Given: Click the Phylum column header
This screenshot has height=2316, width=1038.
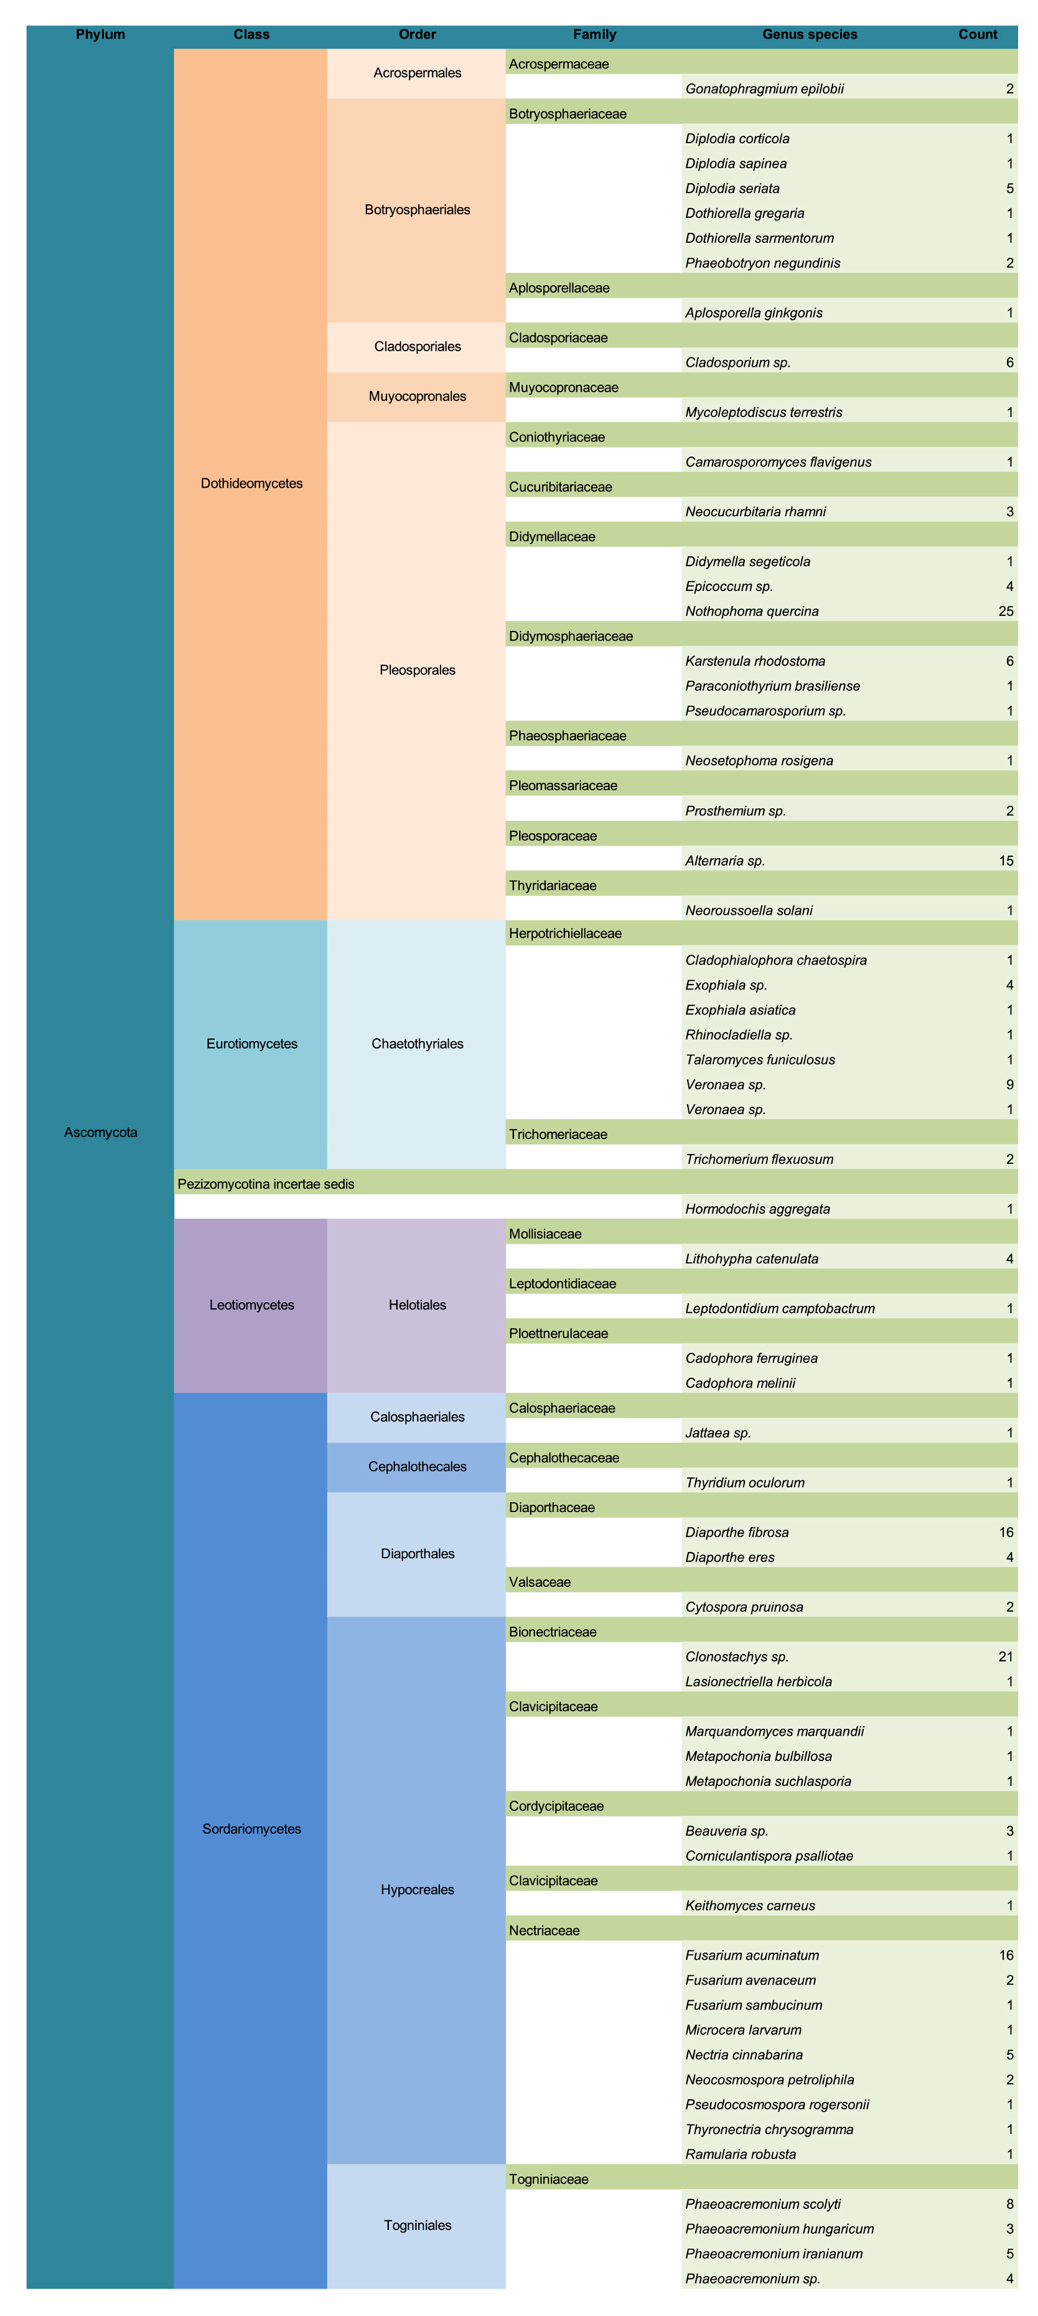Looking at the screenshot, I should [100, 35].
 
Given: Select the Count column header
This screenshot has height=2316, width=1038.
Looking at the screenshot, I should [977, 35].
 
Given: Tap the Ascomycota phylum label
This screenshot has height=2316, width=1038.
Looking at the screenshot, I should [100, 1132].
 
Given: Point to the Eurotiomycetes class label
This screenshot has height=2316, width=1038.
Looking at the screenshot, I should [251, 1044].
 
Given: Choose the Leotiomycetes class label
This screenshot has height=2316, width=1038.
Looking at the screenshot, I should [251, 1305].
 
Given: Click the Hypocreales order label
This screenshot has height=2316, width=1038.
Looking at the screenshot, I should [417, 1889].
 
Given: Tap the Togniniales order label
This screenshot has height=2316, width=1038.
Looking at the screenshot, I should [417, 2225].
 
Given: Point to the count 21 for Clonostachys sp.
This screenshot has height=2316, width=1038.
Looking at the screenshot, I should [1006, 1656].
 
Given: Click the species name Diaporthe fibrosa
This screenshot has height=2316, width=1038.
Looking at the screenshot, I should [737, 1532].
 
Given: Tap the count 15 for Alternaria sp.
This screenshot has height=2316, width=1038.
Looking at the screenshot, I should [1006, 861].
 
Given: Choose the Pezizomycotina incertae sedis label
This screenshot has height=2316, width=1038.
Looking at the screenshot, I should [266, 1184].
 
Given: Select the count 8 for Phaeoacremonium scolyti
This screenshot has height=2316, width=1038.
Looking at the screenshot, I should [1009, 2204].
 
